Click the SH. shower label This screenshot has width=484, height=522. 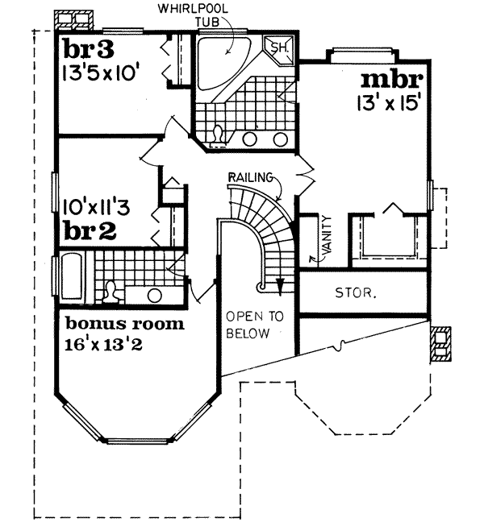coord(279,49)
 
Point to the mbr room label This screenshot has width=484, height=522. coord(391,81)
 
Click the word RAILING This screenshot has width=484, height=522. coord(250,176)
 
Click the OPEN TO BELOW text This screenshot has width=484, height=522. coord(254,325)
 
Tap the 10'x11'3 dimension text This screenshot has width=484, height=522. coord(97,206)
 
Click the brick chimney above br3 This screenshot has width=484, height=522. coord(73,18)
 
